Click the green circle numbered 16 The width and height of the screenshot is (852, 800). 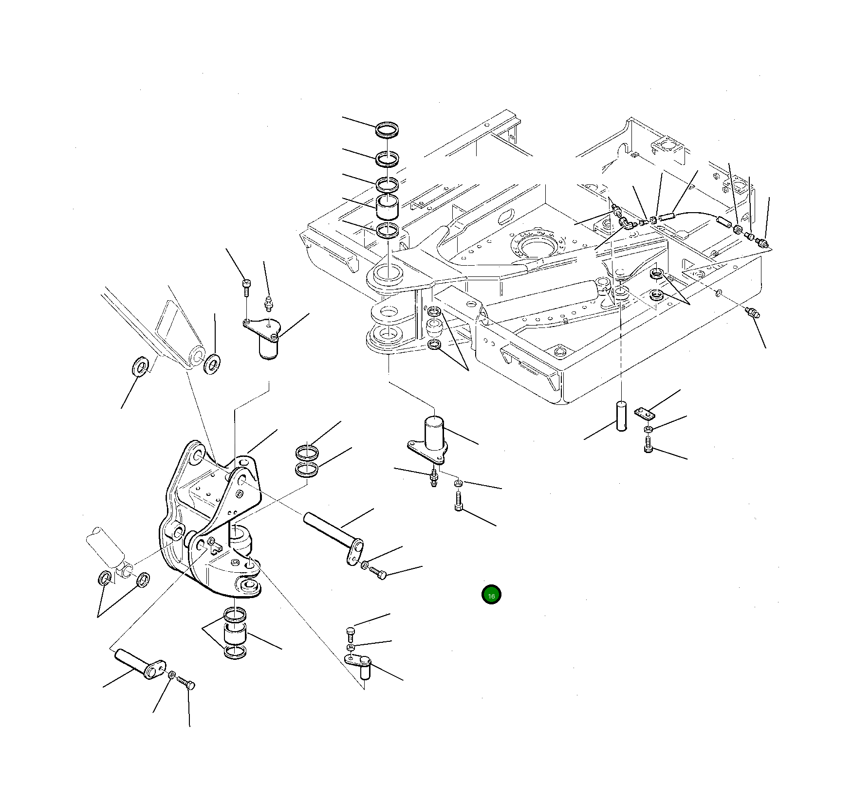491,595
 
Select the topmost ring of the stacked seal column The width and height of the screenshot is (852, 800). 388,130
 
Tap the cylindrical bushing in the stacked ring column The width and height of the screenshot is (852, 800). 388,209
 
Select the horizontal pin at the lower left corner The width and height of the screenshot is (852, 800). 139,664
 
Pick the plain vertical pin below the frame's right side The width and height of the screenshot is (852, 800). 622,415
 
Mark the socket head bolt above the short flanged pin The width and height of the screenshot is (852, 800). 246,287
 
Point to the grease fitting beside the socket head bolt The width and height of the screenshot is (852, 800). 267,304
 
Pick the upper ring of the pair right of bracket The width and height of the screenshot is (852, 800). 307,452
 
